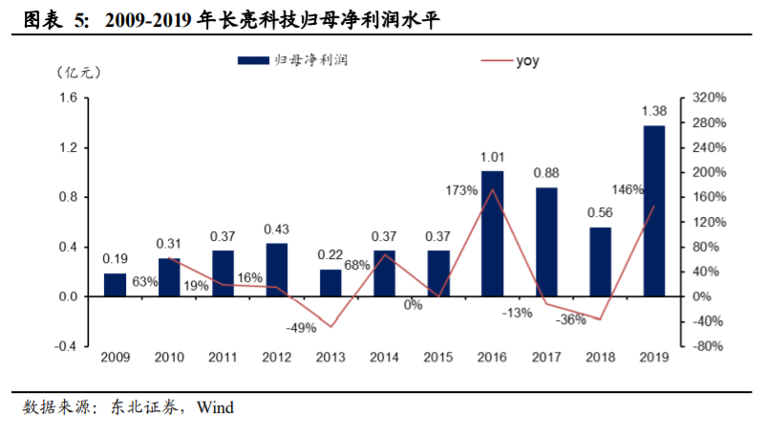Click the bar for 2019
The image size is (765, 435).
point(654,210)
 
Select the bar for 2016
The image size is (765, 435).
point(492,233)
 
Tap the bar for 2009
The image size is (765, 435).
point(115,285)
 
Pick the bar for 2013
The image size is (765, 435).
point(330,283)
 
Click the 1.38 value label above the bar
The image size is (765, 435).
point(654,112)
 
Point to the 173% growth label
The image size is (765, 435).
point(461,190)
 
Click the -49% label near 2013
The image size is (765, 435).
point(301,328)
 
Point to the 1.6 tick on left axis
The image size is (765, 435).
point(68,98)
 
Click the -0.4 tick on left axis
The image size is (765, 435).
point(66,346)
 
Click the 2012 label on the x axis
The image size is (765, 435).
point(277,358)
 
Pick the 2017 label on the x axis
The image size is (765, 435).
point(546,358)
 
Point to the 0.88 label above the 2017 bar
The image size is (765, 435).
point(546,173)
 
